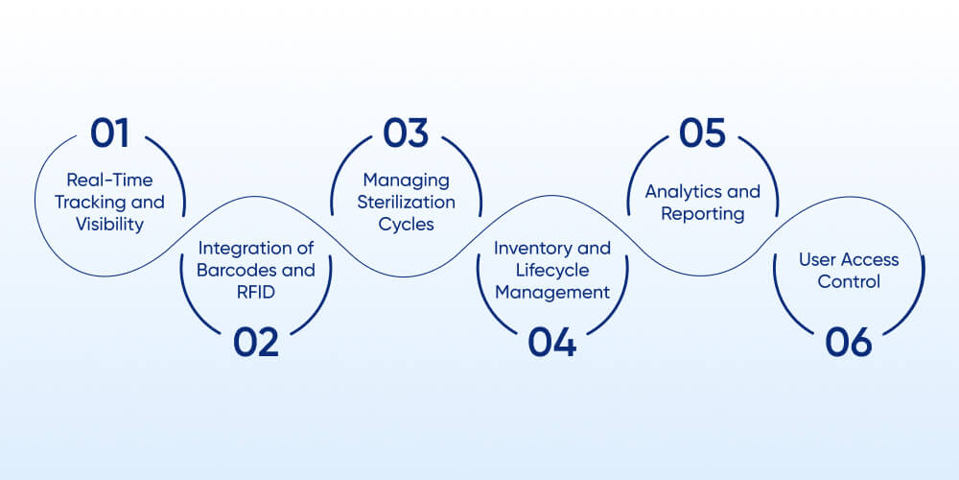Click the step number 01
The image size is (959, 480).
[x=109, y=133]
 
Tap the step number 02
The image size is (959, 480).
[x=256, y=343]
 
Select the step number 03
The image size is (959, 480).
[x=406, y=133]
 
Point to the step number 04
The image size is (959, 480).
[x=552, y=343]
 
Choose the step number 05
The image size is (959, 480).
[x=702, y=133]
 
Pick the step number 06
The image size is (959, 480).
[x=849, y=343]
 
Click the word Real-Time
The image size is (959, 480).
[x=109, y=180]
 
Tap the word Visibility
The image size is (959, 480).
[x=109, y=224]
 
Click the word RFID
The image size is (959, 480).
[x=256, y=292]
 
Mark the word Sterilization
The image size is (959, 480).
[x=407, y=203]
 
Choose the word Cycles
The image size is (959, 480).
[x=407, y=224]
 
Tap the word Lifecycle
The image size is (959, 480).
[x=552, y=270]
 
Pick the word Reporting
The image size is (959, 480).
[x=702, y=213]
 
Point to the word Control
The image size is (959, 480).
[x=849, y=281]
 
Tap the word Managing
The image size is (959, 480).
[x=407, y=180]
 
